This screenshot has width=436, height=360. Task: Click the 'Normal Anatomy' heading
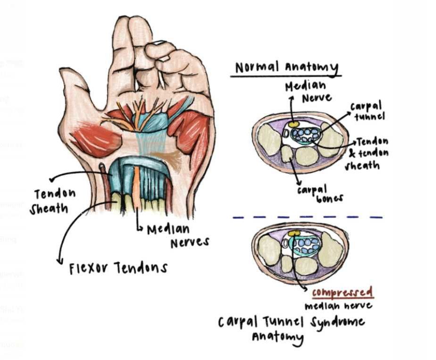click(x=287, y=68)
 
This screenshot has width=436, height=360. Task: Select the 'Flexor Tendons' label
click(x=118, y=268)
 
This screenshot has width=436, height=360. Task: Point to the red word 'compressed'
click(x=342, y=293)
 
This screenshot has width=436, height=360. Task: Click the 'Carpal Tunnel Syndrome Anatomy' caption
click(x=291, y=328)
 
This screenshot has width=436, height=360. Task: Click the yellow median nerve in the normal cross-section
click(x=294, y=125)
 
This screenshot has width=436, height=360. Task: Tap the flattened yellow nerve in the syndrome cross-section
click(x=294, y=234)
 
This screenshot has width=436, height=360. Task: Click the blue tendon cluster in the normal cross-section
click(x=305, y=136)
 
